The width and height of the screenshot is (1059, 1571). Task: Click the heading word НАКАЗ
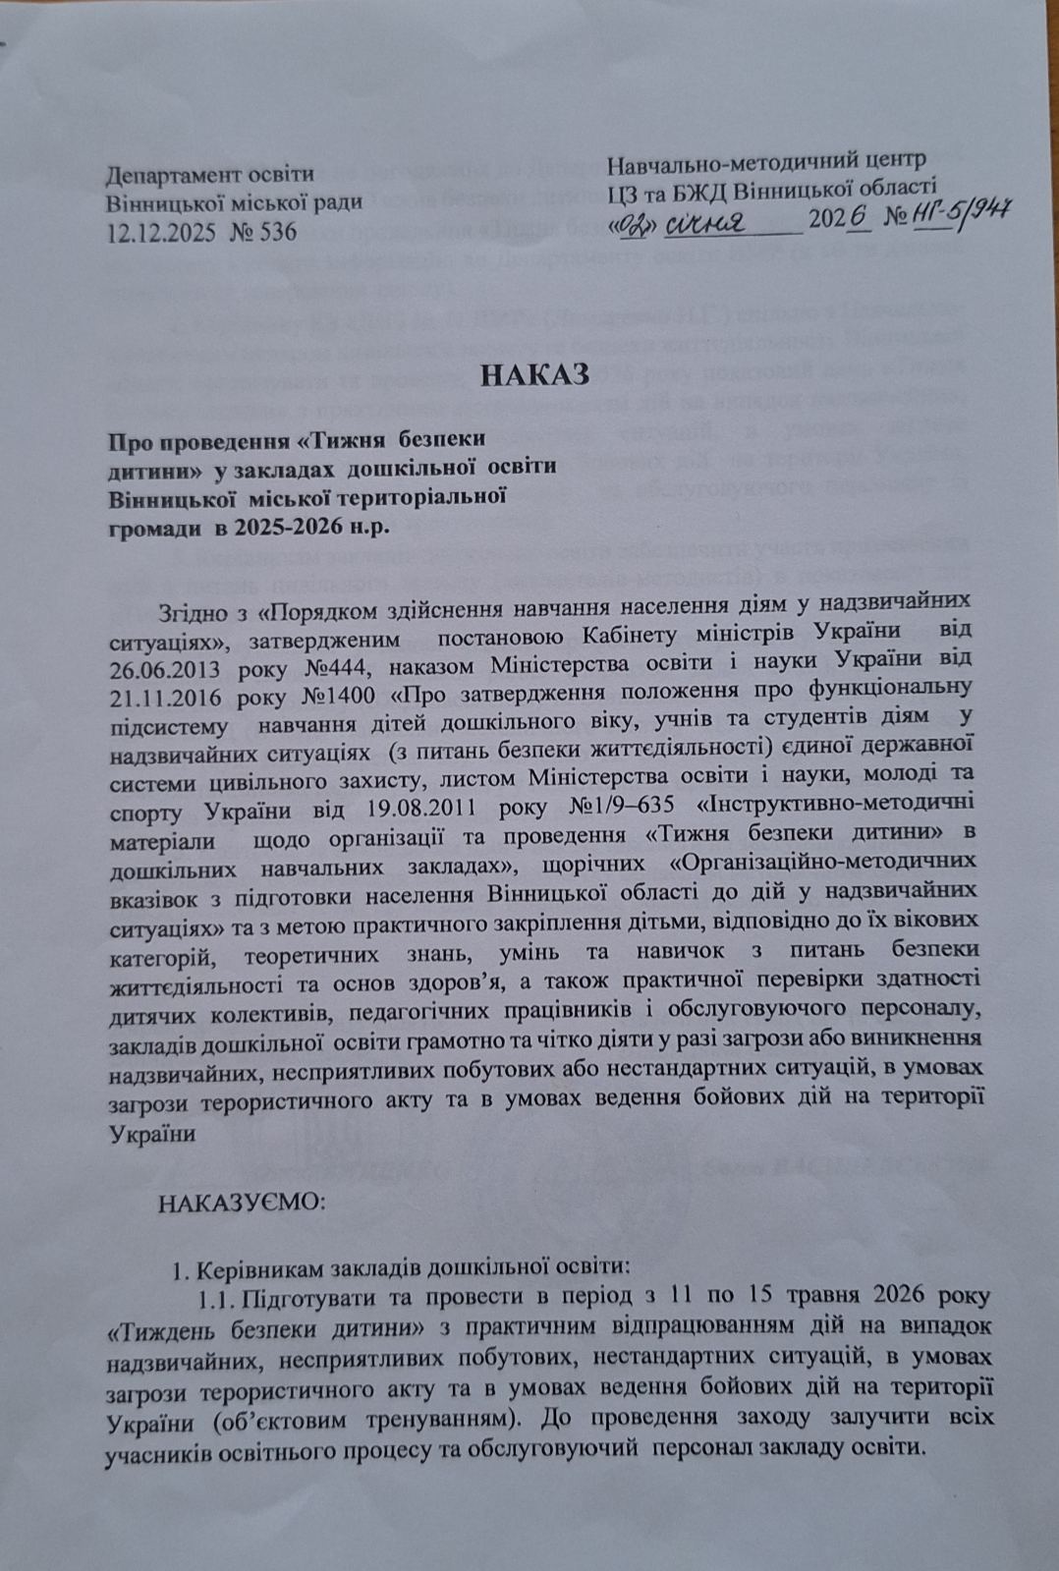pos(535,375)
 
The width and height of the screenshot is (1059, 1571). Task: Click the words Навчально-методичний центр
pos(766,157)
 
